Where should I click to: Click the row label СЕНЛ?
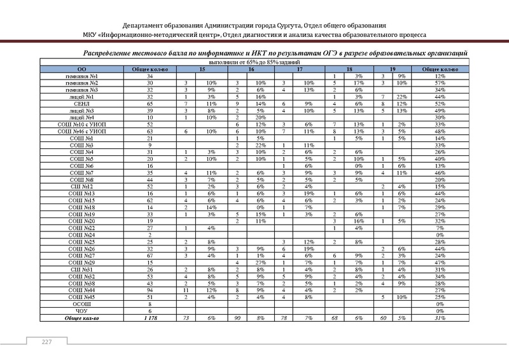pyautogui.click(x=81, y=102)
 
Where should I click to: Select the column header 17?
pyautogui.click(x=300, y=69)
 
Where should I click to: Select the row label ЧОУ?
pyautogui.click(x=81, y=310)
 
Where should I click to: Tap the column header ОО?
pyautogui.click(x=81, y=69)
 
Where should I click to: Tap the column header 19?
pyautogui.click(x=393, y=69)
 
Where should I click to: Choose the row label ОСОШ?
pyautogui.click(x=81, y=304)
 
